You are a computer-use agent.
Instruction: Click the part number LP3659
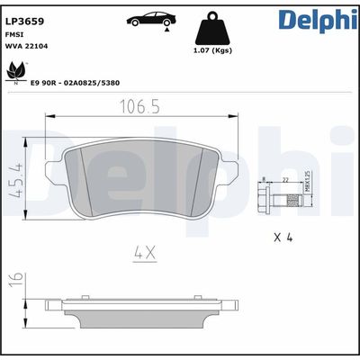click(x=24, y=17)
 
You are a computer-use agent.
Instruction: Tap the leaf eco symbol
click(x=14, y=70)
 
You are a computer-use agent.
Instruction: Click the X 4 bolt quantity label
click(x=283, y=238)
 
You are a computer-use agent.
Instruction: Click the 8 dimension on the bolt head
click(x=263, y=180)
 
